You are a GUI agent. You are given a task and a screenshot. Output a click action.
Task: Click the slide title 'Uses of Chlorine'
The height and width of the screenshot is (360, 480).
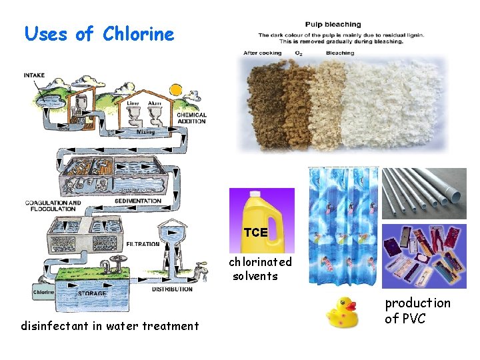99,34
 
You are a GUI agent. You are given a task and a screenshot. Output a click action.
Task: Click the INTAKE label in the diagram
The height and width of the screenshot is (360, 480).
34,75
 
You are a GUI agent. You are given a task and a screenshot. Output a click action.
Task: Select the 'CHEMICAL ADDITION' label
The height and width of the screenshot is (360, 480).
192,119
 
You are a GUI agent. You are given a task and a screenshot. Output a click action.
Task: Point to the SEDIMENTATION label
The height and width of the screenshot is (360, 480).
137,201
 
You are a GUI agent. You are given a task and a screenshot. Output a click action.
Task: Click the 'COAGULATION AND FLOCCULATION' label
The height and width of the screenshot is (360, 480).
53,205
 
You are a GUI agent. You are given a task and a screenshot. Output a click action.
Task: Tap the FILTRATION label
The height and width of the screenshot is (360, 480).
143,244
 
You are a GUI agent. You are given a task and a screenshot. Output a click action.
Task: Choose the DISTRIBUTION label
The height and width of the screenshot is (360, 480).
173,289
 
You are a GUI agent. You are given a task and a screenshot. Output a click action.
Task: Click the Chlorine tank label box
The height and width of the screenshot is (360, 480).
43,291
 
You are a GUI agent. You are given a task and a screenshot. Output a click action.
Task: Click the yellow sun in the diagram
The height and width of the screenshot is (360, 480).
176,89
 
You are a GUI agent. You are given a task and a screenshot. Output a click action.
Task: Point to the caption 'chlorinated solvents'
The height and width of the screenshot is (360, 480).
260,269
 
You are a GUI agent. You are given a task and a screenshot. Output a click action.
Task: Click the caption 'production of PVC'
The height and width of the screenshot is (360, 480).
417,311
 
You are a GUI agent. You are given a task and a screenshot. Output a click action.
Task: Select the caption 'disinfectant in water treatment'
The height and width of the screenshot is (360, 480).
109,326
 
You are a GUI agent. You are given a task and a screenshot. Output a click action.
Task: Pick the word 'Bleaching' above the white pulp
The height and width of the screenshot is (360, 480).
341,53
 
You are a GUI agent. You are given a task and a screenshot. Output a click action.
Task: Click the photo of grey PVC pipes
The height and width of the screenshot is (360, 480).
425,194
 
